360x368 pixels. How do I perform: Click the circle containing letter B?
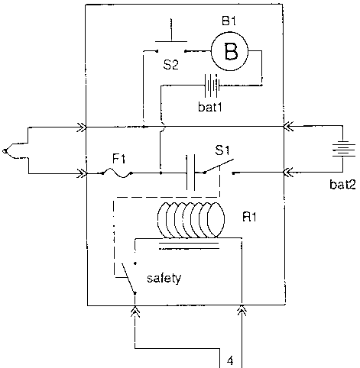click(x=229, y=51)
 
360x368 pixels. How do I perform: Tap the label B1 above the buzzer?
click(x=229, y=21)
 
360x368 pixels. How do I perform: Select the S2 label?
click(x=170, y=65)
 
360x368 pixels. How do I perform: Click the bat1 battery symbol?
click(x=212, y=86)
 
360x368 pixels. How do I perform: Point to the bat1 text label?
click(x=210, y=107)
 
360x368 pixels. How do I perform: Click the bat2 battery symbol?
click(x=343, y=150)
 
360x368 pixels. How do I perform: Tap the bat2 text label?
click(x=342, y=184)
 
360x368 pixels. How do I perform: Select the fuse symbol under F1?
click(x=117, y=173)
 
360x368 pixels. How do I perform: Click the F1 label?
click(x=118, y=159)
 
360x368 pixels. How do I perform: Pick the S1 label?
click(x=222, y=150)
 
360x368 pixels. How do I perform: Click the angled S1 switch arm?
click(x=219, y=166)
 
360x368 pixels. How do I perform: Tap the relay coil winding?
click(x=191, y=220)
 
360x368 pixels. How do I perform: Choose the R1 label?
click(x=249, y=217)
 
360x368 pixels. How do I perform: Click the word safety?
click(x=164, y=278)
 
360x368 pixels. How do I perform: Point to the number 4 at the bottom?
click(x=230, y=360)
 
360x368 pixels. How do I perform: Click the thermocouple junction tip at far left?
click(x=5, y=151)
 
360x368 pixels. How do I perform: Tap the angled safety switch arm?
click(x=128, y=279)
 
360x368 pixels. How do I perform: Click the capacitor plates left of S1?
click(x=191, y=173)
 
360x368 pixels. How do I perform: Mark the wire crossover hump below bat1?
click(x=163, y=125)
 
